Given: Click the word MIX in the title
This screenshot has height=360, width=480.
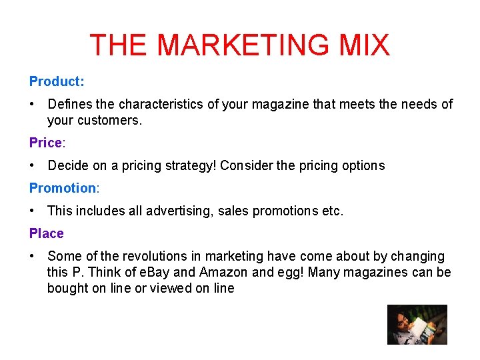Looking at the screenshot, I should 364,45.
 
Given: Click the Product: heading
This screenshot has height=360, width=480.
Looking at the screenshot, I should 57,81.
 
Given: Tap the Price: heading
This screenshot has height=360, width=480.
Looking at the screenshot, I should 47,143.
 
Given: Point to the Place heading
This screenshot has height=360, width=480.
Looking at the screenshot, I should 47,233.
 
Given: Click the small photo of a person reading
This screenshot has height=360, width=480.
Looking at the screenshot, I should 417,325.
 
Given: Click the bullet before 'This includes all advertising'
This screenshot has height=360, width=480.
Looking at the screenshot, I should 33,211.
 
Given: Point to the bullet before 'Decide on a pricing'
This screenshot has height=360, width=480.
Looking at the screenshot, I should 33,165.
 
